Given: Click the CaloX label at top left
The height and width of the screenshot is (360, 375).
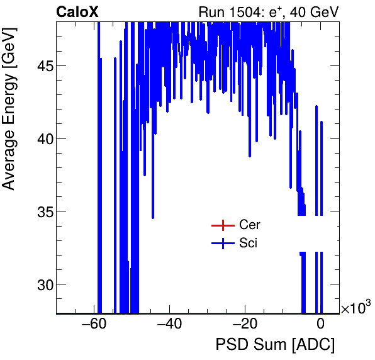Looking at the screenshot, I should click(x=77, y=11).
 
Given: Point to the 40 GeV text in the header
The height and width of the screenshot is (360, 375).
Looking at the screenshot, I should click(x=313, y=12).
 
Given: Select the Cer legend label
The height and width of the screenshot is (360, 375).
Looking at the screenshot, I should click(x=249, y=225).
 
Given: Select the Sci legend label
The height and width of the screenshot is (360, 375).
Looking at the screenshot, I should click(x=248, y=243).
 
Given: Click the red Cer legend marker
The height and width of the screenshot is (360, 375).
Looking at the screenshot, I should click(x=222, y=225).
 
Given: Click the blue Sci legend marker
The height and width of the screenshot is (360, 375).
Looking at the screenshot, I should click(x=222, y=243).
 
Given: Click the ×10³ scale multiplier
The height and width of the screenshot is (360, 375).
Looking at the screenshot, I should click(x=355, y=308).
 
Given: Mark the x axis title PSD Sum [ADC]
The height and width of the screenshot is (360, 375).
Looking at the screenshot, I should click(x=275, y=345).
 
